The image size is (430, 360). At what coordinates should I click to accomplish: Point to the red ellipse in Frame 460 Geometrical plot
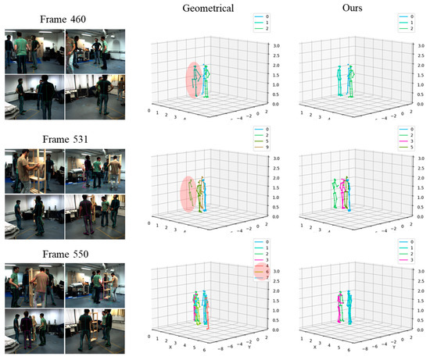tap(193, 80)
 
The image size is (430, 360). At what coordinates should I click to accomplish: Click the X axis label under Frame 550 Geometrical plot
tap(170, 345)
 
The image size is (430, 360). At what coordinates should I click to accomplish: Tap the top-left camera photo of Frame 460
tap(33, 51)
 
